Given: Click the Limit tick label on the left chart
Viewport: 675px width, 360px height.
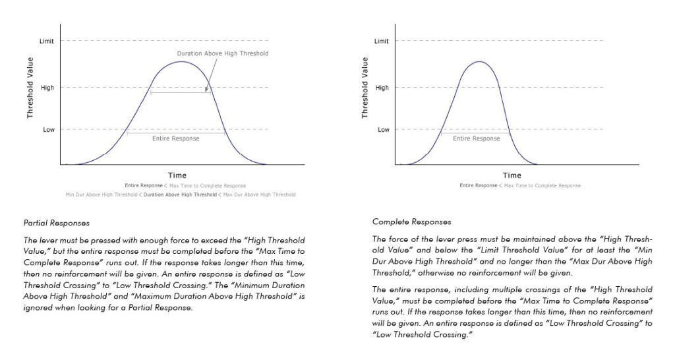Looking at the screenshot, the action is coord(47,42).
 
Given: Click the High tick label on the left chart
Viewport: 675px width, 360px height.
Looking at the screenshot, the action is coord(47,88).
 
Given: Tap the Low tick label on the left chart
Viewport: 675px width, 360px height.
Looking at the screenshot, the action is coord(49,130).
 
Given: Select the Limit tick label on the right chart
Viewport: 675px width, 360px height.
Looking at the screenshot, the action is coord(382,42).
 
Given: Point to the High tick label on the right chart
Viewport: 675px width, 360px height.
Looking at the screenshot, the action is coord(382,88).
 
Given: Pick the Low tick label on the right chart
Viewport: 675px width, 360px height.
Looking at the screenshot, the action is coord(384,130).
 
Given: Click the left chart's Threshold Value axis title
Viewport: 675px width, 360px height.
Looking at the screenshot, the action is coord(30,88).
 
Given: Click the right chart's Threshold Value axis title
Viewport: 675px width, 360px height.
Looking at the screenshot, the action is coord(365,88).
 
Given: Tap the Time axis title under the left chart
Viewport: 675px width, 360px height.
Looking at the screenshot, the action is coord(177,175).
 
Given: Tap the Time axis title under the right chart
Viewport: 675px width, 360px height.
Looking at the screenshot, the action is coord(512,175).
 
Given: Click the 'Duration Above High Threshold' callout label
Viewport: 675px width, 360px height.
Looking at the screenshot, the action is coord(223,53).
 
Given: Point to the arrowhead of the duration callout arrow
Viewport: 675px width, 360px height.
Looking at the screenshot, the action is coord(206,90).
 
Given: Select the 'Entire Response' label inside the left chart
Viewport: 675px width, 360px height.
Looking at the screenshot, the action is coord(175,138).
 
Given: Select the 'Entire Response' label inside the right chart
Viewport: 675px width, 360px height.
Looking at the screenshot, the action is coord(477,138).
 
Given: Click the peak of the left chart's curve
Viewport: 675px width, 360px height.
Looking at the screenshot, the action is coord(181,61).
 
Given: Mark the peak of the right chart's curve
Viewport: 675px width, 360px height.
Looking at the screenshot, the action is coord(479,61).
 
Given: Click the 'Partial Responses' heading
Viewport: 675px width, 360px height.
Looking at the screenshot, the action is coord(57,223).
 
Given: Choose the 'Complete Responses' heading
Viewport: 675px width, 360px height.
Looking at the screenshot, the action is coord(411,222).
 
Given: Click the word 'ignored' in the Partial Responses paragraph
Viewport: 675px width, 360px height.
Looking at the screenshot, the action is coord(38,308).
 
